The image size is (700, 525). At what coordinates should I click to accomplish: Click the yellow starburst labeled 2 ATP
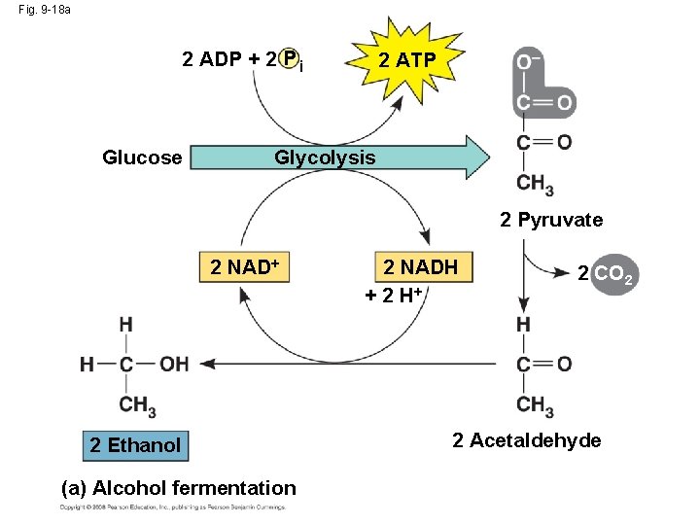click(x=406, y=61)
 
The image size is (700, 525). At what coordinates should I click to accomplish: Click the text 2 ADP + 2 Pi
click(x=243, y=61)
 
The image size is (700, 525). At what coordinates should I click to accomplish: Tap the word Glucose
click(x=142, y=157)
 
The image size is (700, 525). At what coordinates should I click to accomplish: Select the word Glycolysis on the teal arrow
click(x=325, y=157)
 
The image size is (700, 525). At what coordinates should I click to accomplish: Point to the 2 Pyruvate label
click(x=551, y=220)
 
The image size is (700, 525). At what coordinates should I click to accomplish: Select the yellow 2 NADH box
click(x=420, y=267)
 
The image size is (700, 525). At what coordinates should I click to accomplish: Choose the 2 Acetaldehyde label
click(x=527, y=440)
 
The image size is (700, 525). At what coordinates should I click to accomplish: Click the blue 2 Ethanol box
click(x=134, y=445)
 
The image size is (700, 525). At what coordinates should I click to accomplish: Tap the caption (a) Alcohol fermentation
click(x=178, y=488)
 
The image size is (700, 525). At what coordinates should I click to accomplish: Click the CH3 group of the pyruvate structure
click(x=536, y=184)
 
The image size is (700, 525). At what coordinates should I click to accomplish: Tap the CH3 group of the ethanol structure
click(x=138, y=405)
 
